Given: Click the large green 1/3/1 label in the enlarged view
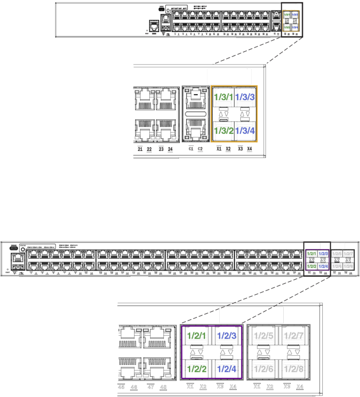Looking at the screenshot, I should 223,97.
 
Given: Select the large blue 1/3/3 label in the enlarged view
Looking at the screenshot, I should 245,97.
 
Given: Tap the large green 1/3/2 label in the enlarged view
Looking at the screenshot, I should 223,131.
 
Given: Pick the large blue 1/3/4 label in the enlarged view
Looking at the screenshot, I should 245,131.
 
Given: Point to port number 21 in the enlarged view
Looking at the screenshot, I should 140,149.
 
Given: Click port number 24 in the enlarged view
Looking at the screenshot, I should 170,149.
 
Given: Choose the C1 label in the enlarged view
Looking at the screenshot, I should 191,149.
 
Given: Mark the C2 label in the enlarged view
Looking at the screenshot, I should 200,149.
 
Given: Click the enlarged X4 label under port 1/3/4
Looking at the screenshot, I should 250,149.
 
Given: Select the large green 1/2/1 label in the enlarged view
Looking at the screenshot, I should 196,336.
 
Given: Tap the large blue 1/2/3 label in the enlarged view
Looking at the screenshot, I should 227,336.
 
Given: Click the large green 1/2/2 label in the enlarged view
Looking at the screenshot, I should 196,369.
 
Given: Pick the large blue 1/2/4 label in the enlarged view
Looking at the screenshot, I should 227,369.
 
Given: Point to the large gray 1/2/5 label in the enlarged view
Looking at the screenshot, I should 263,336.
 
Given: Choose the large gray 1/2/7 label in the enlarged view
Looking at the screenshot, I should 294,336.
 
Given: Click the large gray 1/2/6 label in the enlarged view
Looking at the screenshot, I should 263,369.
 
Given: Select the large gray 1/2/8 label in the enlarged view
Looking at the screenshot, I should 294,369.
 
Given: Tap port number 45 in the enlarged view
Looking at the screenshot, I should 121,387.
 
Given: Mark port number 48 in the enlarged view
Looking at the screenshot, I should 163,387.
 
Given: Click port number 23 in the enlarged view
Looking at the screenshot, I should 161,149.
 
